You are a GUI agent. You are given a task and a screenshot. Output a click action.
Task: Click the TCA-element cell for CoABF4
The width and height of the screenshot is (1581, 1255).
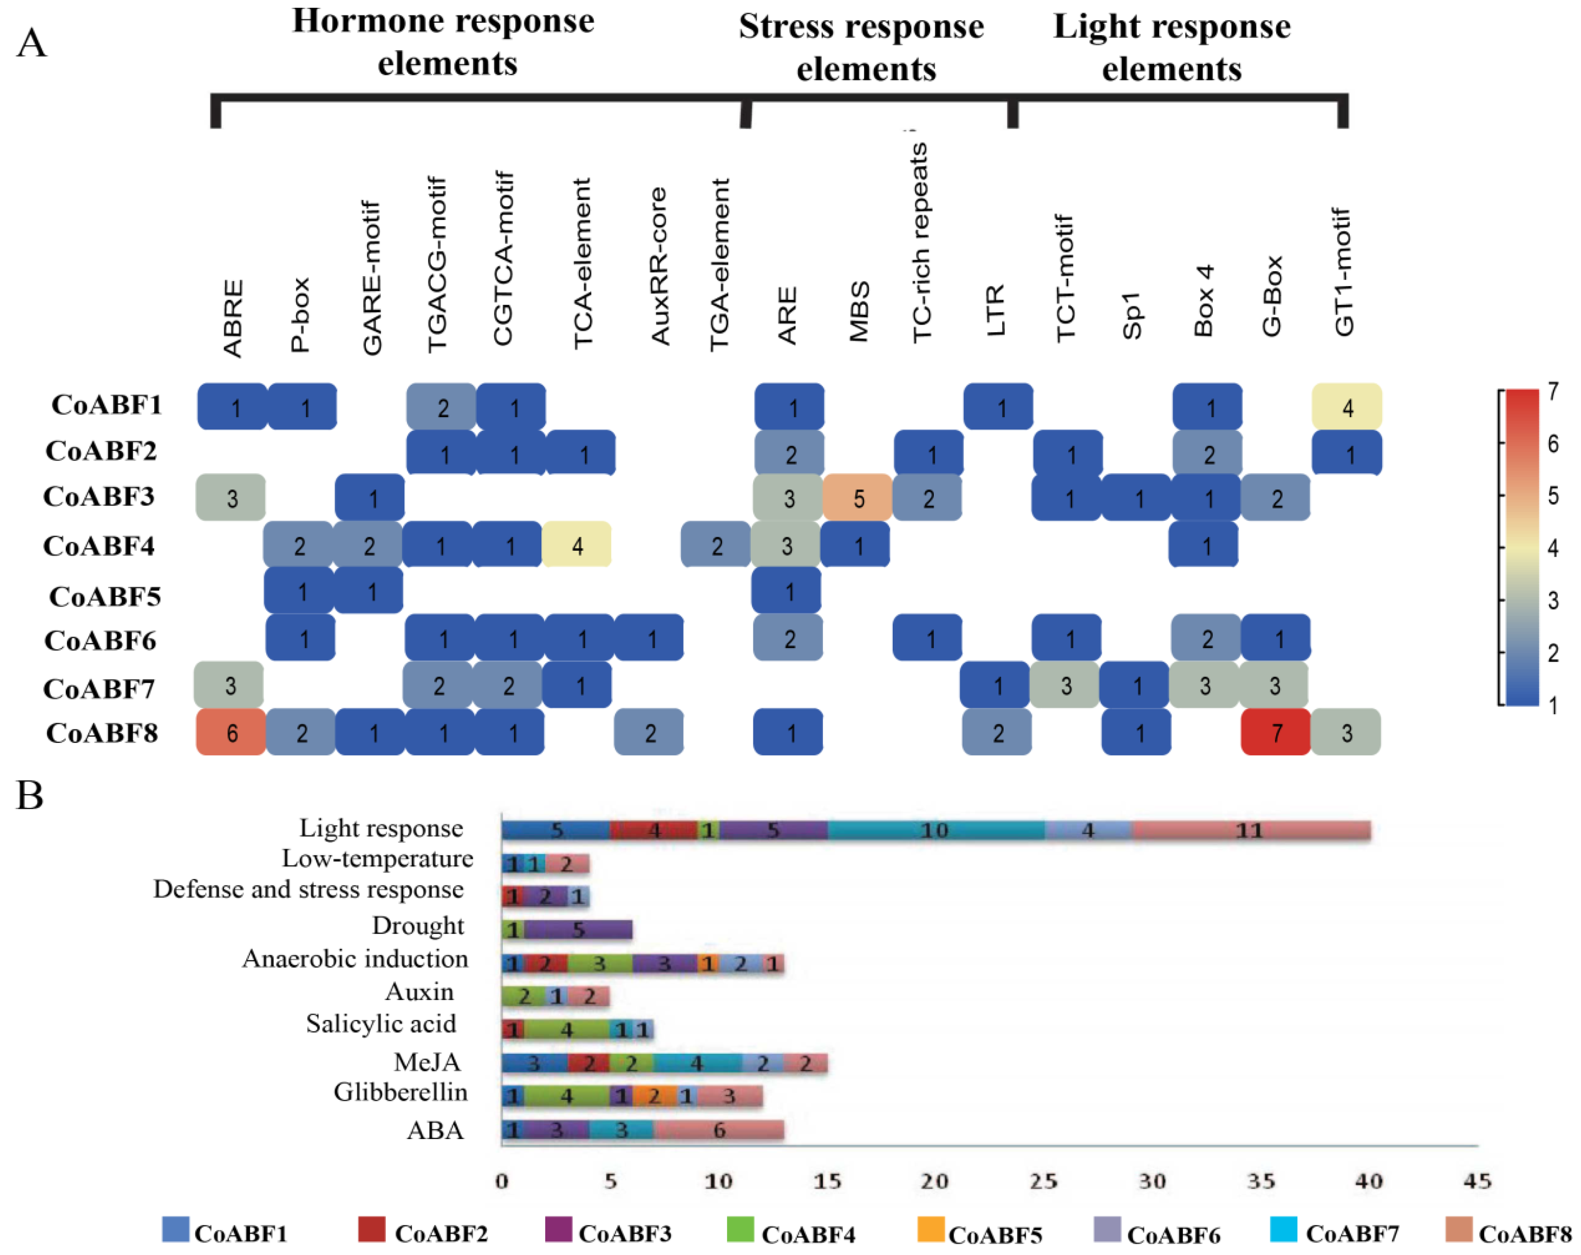pyautogui.click(x=577, y=545)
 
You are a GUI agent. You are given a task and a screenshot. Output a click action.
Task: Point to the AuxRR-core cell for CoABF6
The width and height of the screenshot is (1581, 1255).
pyautogui.click(x=650, y=638)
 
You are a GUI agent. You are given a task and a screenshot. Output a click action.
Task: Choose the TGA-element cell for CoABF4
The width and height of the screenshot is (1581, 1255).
pyautogui.click(x=716, y=545)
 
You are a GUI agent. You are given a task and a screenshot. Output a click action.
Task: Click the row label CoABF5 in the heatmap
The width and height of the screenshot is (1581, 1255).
pyautogui.click(x=105, y=596)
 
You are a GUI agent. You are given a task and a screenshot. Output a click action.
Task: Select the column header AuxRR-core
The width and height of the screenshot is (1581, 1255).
pyautogui.click(x=659, y=266)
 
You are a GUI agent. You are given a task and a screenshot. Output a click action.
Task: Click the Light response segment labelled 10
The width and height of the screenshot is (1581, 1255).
pyautogui.click(x=935, y=830)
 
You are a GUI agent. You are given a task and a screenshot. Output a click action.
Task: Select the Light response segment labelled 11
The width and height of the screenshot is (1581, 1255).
pyautogui.click(x=1250, y=830)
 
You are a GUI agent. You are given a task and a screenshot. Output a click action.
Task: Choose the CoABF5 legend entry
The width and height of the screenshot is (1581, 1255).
pyautogui.click(x=979, y=1234)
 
